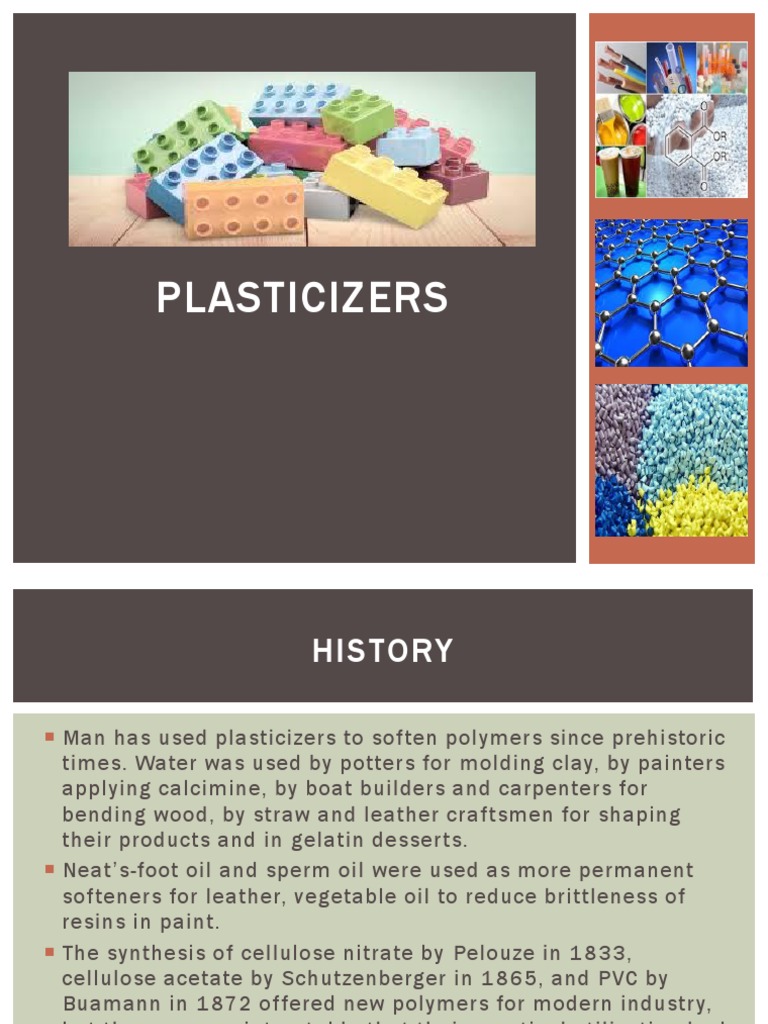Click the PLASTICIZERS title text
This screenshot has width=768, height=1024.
point(302,298)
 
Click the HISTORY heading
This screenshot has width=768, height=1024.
point(382,651)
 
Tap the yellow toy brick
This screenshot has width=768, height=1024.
point(385,185)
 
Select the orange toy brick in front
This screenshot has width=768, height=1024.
point(244,207)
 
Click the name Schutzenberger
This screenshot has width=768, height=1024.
point(345,977)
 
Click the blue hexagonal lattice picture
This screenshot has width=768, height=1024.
point(671,293)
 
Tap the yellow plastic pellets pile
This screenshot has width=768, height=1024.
point(700,505)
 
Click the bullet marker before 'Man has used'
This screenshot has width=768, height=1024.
point(49,737)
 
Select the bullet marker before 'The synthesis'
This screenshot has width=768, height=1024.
point(49,951)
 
